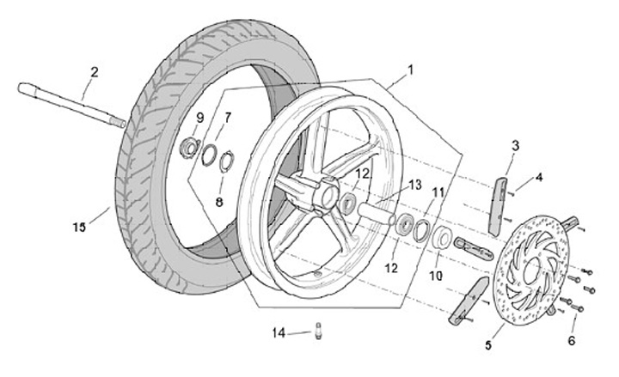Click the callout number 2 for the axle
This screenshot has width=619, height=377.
(95, 72)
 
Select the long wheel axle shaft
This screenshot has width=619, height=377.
(72, 105)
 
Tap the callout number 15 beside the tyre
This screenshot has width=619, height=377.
(79, 228)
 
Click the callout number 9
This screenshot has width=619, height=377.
(200, 118)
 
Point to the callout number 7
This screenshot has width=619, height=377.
(228, 117)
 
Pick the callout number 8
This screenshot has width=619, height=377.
(219, 202)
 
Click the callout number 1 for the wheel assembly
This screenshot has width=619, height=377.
(410, 70)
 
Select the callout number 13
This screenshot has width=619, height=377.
(415, 185)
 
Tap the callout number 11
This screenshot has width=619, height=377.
(438, 193)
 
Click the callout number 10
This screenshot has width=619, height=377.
(436, 276)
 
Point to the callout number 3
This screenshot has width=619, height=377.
(515, 146)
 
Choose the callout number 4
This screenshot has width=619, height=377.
(538, 177)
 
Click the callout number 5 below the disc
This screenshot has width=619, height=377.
(488, 345)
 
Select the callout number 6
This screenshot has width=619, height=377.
(572, 340)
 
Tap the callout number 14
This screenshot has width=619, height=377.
(279, 333)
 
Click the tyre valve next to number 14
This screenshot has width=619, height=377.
(319, 331)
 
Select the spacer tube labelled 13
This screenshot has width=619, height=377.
(376, 213)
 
